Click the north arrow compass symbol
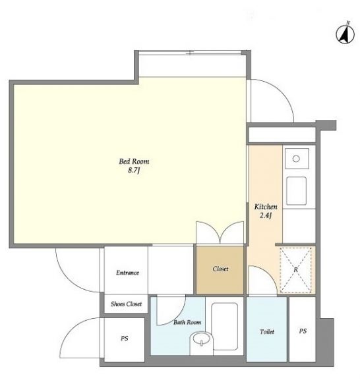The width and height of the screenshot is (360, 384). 345,34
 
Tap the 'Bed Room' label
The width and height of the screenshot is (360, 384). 134,161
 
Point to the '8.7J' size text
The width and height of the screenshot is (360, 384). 134,170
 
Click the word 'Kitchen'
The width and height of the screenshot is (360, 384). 266,207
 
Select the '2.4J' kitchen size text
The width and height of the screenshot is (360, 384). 266,215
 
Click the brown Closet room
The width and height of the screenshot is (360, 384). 220,269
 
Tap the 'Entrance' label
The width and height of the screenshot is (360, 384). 127,273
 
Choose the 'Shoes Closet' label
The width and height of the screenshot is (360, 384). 126,304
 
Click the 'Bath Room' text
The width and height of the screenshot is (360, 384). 187,322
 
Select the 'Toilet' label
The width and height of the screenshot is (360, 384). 267,331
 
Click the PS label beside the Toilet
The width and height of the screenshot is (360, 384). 303,331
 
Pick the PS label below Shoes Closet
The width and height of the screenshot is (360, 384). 125,339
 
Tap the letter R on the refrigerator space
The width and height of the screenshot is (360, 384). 296,269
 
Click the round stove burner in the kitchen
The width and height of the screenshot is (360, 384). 296,159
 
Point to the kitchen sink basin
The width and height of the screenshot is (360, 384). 296,191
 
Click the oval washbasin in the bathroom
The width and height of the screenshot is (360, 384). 201,339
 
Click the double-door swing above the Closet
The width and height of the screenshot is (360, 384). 220,233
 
